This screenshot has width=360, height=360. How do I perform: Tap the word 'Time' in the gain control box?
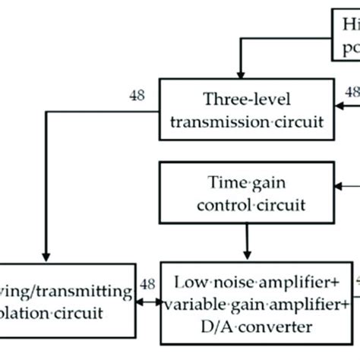pos(224,184)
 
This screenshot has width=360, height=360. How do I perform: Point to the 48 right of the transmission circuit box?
pos(352,91)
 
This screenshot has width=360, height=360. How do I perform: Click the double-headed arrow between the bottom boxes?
pos(147,309)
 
